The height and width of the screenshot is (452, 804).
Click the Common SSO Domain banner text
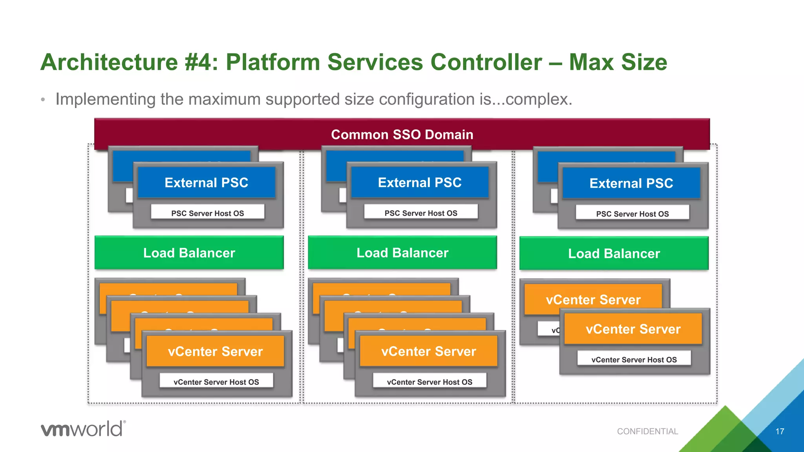[402, 135]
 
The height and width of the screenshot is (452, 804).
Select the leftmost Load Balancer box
[189, 253]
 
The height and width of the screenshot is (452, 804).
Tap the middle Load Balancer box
[402, 253]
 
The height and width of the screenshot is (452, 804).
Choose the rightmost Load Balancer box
[614, 253]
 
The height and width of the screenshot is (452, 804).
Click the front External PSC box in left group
[206, 183]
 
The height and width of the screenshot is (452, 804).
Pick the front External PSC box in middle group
[420, 183]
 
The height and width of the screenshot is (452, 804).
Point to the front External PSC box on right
[631, 184]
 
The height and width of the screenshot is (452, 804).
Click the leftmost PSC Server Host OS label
[207, 213]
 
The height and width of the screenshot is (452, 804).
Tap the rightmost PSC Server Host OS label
[632, 214]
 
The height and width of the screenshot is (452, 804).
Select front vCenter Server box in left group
[215, 351]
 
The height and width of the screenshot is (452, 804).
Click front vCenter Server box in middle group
[428, 351]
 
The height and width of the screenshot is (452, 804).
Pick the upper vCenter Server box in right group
[593, 299]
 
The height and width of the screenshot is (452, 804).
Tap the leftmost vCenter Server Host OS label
[216, 382]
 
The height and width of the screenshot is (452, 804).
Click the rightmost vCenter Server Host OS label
[634, 359]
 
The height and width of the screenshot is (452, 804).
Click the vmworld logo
[83, 428]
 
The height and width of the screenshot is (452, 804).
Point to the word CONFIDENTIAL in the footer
[647, 431]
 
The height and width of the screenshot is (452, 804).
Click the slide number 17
[780, 432]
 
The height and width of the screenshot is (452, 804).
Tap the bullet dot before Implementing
[43, 100]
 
